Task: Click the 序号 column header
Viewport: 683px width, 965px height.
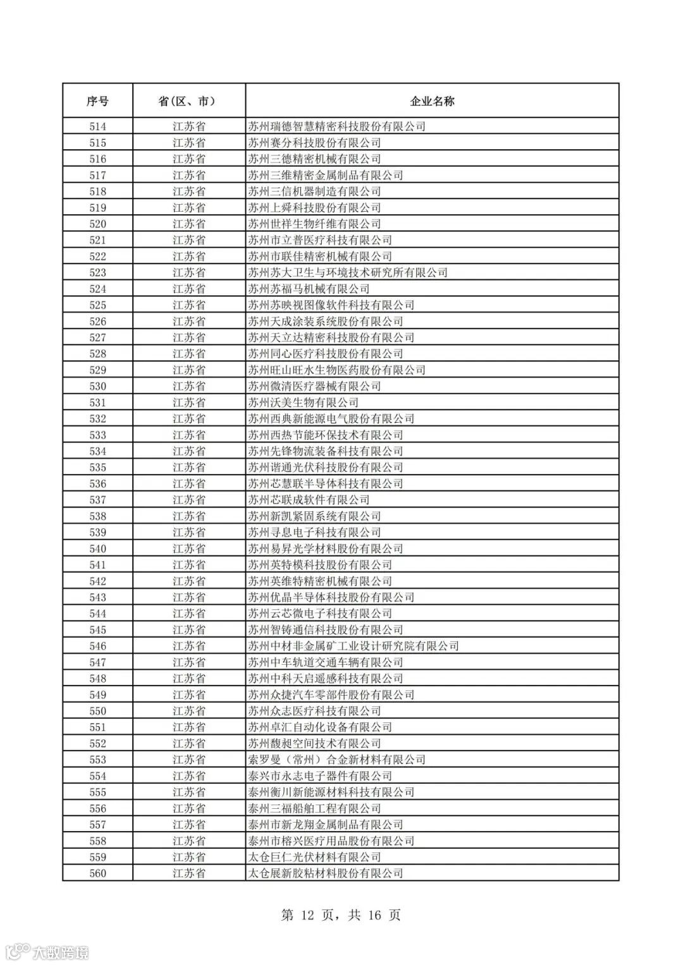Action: pos(97,101)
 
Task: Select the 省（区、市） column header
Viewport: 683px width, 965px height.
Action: pos(188,101)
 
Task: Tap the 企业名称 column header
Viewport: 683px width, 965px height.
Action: pos(432,101)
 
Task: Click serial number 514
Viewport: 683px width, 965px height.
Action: pos(97,126)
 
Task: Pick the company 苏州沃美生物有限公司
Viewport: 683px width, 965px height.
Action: pos(303,403)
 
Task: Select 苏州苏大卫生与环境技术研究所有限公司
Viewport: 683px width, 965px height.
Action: pos(348,273)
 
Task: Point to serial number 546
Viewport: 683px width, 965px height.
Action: pos(97,646)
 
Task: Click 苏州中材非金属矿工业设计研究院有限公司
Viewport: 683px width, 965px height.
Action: pos(353,646)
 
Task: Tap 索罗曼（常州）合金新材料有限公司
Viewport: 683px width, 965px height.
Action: pos(336,760)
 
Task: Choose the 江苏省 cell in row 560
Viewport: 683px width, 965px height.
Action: pos(188,874)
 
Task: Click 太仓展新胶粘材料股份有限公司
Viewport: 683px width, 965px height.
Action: pos(325,874)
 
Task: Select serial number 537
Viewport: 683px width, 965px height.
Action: pos(97,500)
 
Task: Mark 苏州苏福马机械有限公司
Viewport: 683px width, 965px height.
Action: pos(309,289)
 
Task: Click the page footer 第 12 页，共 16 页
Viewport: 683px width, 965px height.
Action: pos(341,915)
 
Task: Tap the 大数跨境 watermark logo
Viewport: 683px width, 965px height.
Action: pos(47,952)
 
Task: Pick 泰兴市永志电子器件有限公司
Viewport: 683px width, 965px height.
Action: pos(320,776)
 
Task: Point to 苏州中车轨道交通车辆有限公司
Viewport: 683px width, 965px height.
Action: pos(325,662)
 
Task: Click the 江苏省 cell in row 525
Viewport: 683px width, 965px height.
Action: pos(188,305)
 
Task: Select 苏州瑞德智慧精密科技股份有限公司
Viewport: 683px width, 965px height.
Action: pos(336,126)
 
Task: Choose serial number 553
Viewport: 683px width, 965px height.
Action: pos(97,760)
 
